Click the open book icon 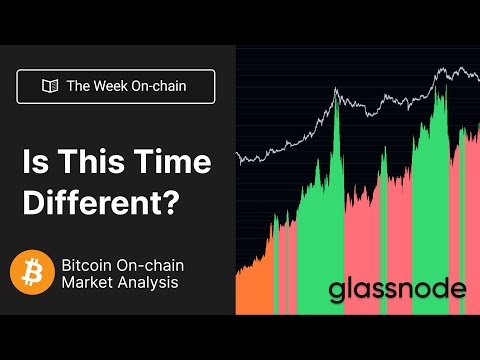point(49,86)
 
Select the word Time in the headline point(158,160)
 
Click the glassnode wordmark point(397,290)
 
